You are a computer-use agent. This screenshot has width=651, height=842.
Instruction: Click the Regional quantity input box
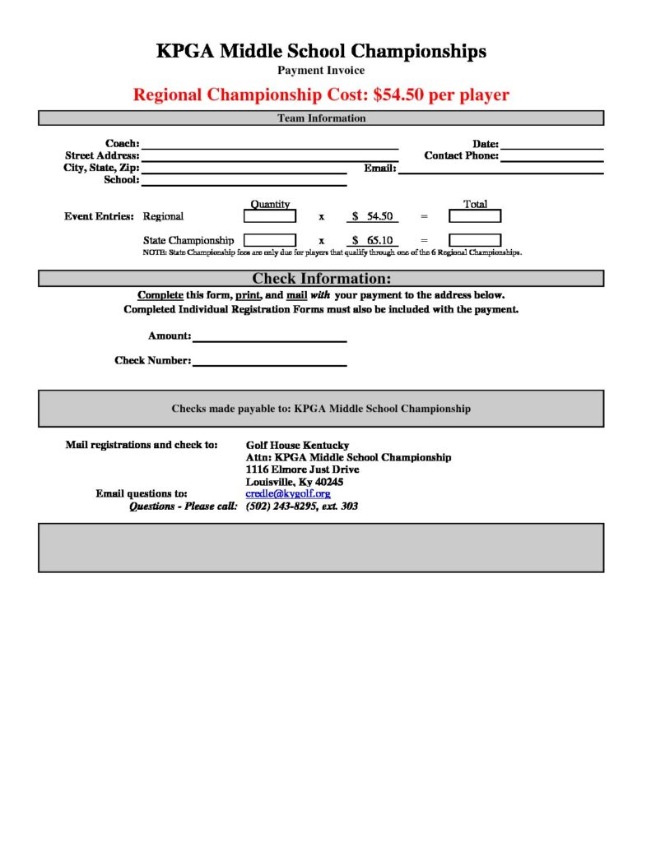269,216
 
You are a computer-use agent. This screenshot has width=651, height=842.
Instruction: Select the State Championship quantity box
269,240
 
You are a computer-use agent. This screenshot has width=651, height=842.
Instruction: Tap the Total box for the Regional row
474,216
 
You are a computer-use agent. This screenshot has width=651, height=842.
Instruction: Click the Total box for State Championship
474,240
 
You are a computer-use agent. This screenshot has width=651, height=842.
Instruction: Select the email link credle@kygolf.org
288,493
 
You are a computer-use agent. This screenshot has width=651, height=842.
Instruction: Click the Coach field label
122,144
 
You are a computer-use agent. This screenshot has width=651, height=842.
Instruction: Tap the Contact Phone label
461,155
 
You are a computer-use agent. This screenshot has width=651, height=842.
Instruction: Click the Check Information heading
321,279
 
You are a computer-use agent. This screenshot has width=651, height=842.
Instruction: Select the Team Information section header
321,118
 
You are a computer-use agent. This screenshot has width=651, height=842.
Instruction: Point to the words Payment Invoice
321,71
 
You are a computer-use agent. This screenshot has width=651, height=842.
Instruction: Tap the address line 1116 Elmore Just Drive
302,470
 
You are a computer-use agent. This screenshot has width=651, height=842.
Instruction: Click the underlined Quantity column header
270,204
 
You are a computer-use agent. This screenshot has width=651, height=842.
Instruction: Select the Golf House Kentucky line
297,446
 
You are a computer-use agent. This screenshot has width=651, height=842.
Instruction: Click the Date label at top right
486,144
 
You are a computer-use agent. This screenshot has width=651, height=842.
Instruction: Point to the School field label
121,179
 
